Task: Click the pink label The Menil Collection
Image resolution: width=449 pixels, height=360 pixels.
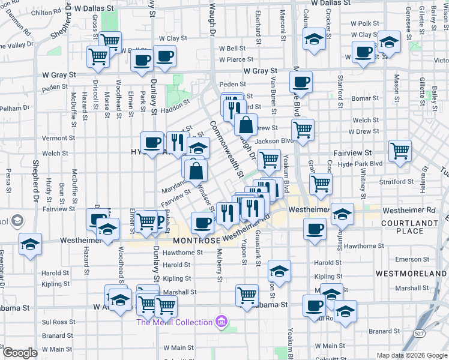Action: (174, 322)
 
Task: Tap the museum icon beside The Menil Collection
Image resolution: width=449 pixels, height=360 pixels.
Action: (223, 322)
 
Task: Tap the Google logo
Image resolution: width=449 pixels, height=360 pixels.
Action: (19, 353)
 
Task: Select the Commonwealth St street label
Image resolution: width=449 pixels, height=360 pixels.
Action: (225, 149)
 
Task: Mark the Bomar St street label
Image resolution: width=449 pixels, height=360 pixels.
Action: (365, 98)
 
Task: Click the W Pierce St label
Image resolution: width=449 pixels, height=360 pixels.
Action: (236, 60)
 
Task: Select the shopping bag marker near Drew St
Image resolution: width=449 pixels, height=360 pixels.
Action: (246, 125)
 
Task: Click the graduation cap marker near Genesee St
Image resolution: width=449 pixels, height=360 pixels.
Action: (389, 43)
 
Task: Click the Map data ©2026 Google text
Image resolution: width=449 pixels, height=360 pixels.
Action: (411, 355)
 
